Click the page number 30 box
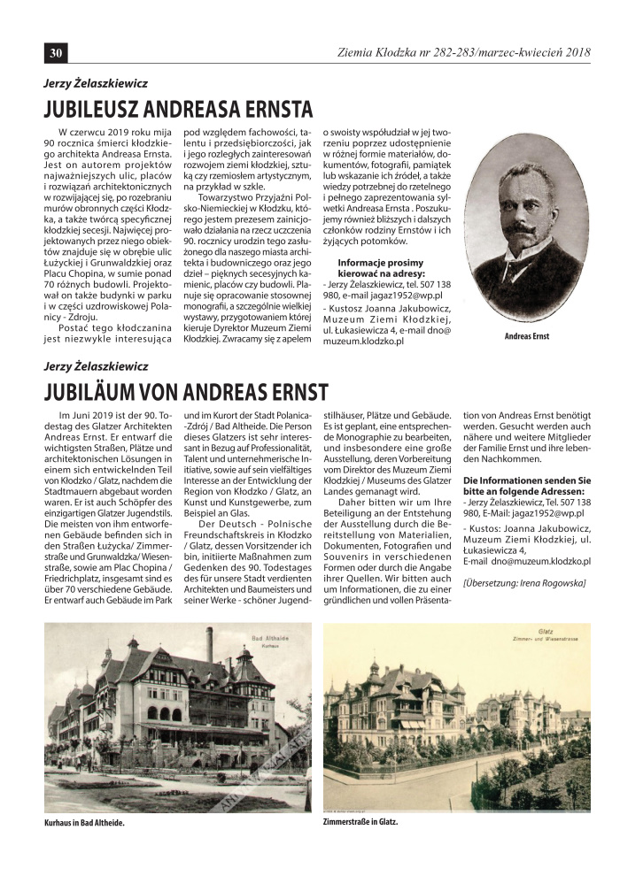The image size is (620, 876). click(55, 53)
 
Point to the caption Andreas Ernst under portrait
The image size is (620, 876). click(526, 336)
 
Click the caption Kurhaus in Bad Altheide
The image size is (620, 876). click(84, 822)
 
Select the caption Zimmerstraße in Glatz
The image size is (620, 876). click(361, 820)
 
